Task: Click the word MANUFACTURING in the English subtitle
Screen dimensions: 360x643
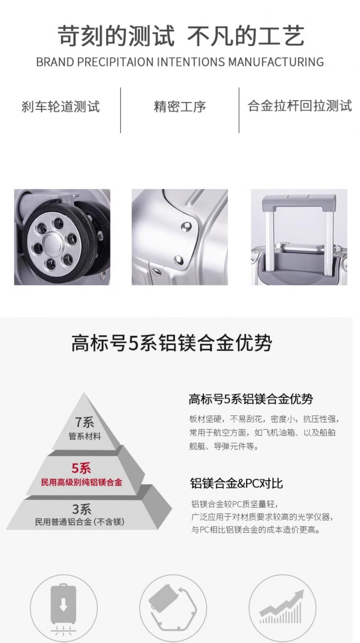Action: pos(276,62)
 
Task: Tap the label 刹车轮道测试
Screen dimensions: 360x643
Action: pos(60,107)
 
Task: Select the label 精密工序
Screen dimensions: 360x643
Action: pos(180,107)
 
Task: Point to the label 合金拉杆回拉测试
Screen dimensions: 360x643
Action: pos(300,106)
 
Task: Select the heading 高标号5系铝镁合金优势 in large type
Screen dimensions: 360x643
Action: pos(172,343)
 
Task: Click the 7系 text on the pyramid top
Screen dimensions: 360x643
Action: pos(84,422)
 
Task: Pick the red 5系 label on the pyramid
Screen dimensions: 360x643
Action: pos(81,468)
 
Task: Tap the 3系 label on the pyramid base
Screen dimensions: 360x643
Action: pos(81,509)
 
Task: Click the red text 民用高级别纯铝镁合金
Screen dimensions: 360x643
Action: pos(81,482)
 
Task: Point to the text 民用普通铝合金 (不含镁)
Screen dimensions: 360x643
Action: pos(80,522)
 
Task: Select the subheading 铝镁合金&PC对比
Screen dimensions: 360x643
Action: pos(236,483)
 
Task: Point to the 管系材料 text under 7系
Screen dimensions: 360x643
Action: pos(85,436)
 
